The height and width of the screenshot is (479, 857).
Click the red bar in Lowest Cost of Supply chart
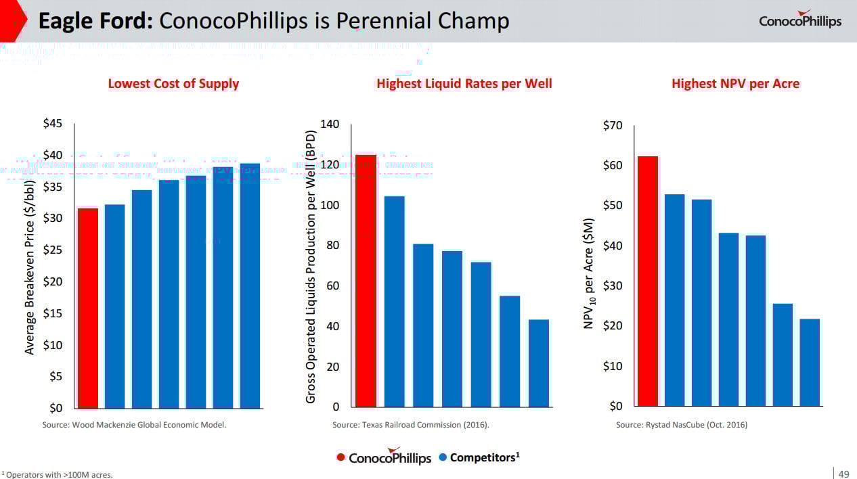tap(87, 308)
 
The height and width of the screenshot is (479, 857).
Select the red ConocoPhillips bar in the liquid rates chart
tap(366, 281)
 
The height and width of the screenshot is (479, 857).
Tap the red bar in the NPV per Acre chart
tap(648, 281)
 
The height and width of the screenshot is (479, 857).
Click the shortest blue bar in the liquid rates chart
tap(539, 363)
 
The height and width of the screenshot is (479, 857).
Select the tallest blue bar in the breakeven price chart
tap(250, 286)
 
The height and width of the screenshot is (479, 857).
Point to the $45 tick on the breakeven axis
tap(52, 124)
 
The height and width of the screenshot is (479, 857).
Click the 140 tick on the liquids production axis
tap(330, 125)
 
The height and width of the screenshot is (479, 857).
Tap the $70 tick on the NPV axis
tap(613, 126)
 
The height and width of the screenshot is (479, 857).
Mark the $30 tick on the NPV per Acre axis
tap(613, 286)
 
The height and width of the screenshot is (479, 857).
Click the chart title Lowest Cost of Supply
tap(173, 84)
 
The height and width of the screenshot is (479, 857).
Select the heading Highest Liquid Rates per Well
tap(464, 84)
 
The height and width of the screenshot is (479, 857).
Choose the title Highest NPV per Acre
tap(735, 84)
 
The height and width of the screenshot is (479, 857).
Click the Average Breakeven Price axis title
tap(30, 267)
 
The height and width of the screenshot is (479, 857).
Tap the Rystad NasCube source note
tap(681, 425)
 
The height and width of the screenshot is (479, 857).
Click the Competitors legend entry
tap(479, 457)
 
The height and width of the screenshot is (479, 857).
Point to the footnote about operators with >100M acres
tap(58, 474)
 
